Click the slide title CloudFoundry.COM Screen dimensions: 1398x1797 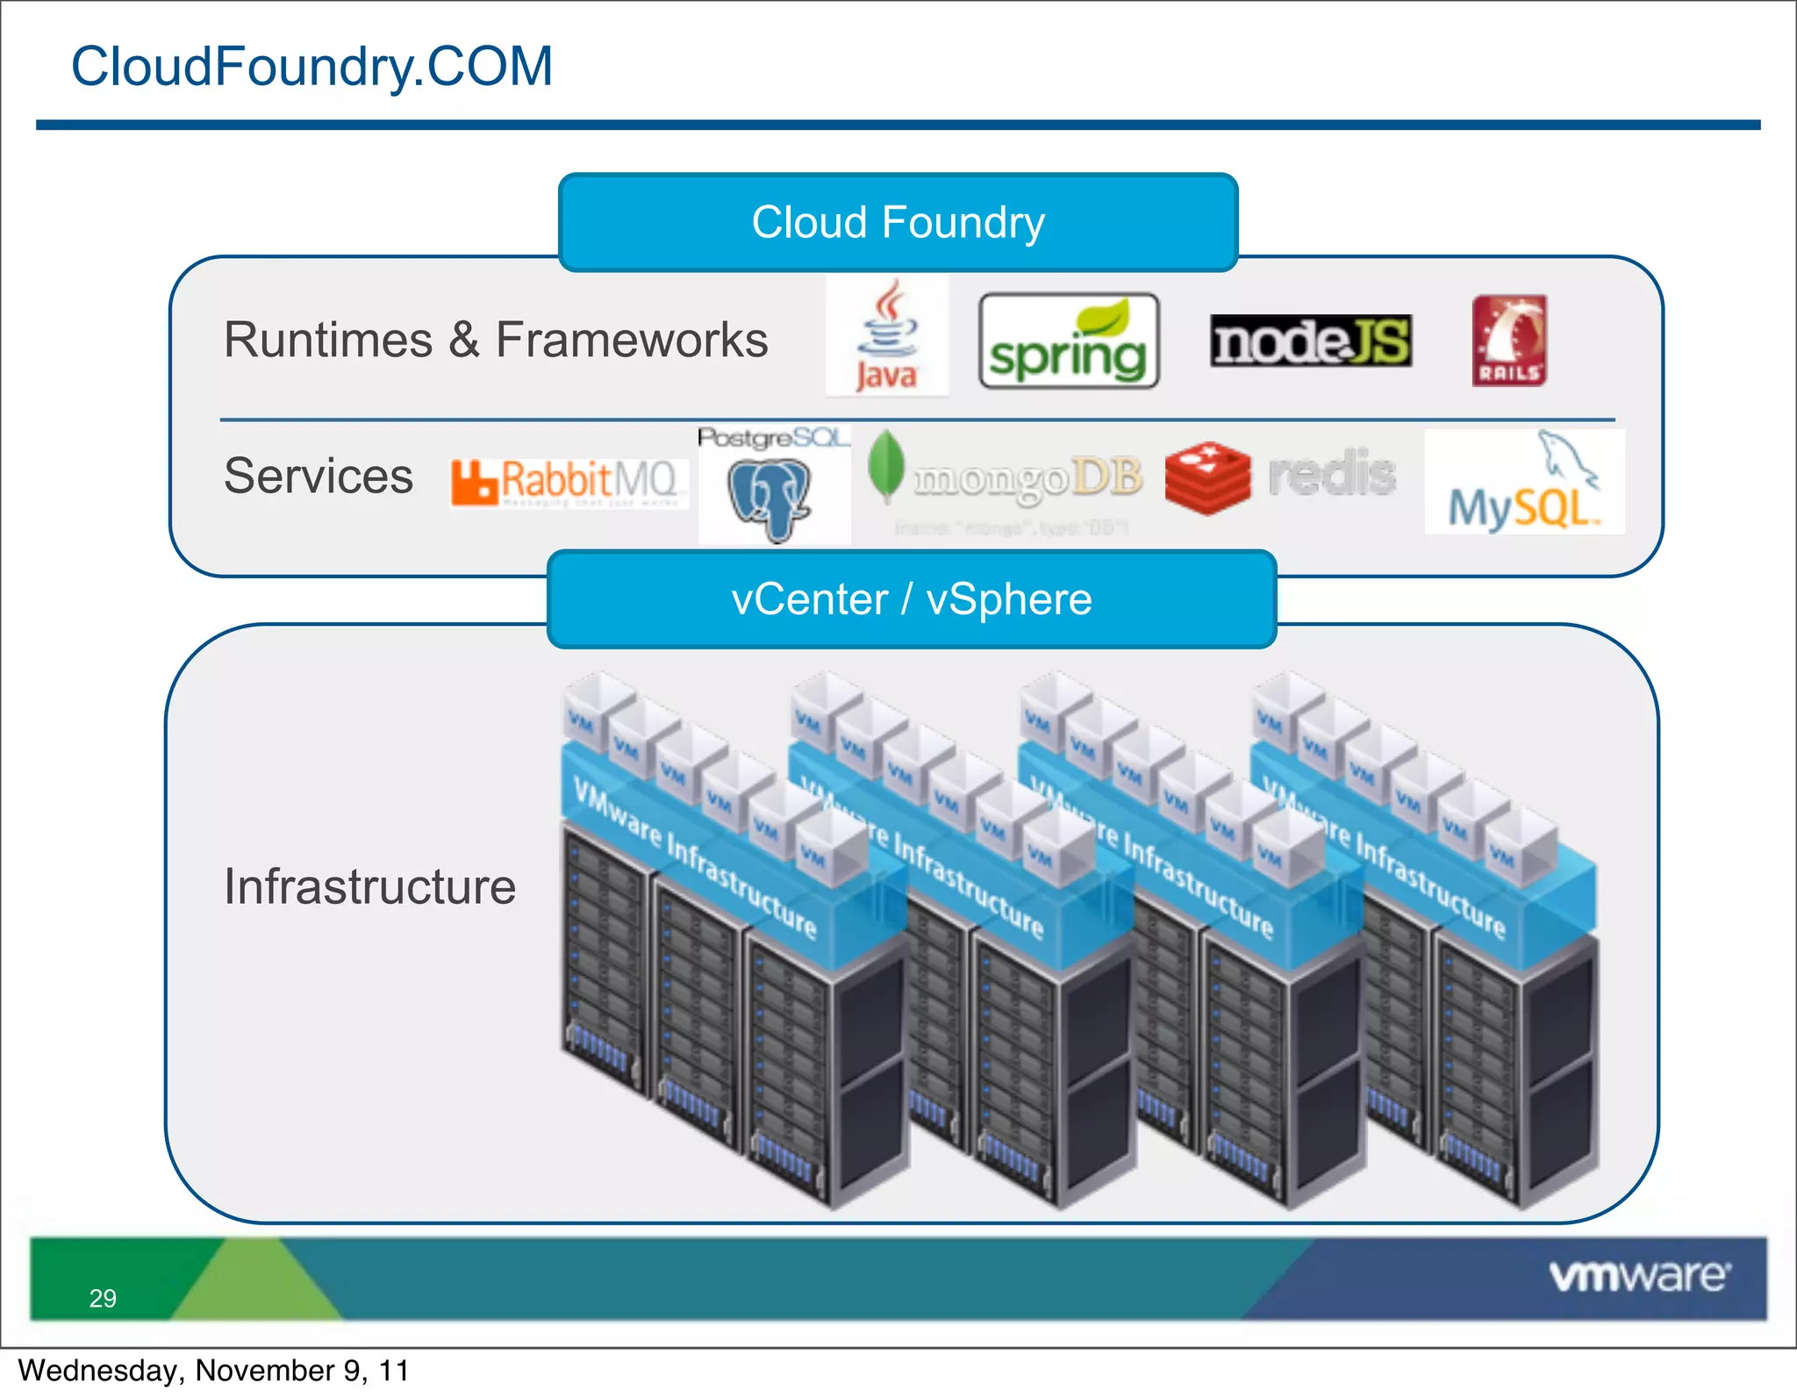(311, 67)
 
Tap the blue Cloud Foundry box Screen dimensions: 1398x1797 (898, 222)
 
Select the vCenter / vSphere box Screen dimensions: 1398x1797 (911, 599)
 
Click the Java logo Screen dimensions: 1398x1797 (887, 337)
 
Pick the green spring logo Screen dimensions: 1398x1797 (1068, 342)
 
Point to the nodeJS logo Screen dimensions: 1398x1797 (1310, 341)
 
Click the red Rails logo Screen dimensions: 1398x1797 (1508, 341)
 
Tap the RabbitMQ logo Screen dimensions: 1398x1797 (568, 482)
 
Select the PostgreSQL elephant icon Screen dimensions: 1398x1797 (770, 498)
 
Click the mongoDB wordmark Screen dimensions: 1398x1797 (1027, 478)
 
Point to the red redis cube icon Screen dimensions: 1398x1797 (1207, 477)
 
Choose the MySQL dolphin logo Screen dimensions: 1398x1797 (1524, 483)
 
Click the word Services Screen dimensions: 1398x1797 (318, 477)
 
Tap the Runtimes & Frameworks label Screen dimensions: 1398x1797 (496, 341)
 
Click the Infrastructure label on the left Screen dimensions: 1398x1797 (369, 886)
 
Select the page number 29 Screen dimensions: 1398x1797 (103, 1298)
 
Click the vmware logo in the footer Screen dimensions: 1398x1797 (1638, 1276)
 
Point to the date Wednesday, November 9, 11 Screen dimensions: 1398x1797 (213, 1370)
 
